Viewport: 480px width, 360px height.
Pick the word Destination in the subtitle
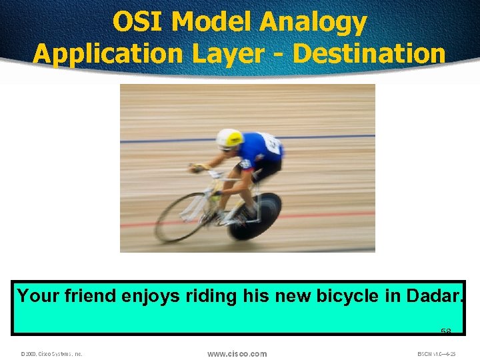pyautogui.click(x=369, y=53)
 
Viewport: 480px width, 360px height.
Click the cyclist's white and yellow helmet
pyautogui.click(x=229, y=138)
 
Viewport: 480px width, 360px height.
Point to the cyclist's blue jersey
pyautogui.click(x=259, y=150)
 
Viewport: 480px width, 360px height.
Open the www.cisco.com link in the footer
pyautogui.click(x=237, y=353)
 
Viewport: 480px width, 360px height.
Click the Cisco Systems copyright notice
pyautogui.click(x=51, y=354)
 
